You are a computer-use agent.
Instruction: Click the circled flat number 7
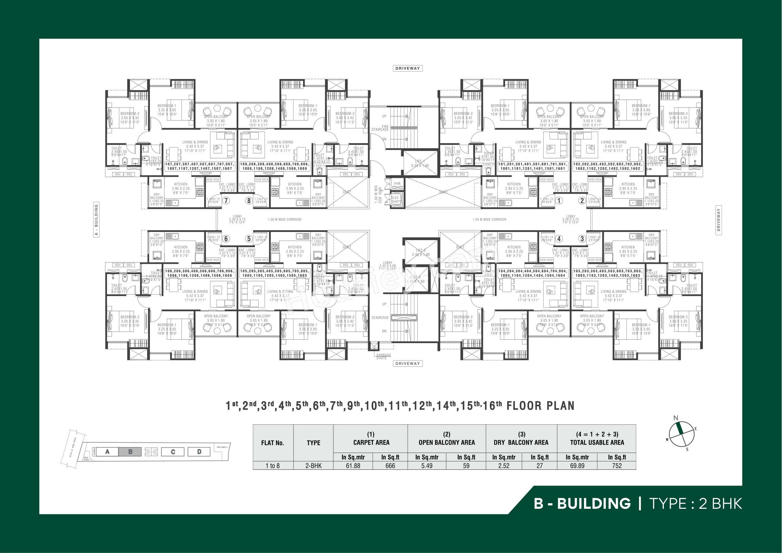(226, 201)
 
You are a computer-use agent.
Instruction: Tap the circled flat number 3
(582, 239)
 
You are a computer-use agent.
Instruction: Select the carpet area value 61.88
(353, 466)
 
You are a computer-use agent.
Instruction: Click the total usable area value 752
(617, 466)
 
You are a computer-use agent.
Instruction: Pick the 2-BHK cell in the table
(313, 466)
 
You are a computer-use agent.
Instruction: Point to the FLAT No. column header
(273, 443)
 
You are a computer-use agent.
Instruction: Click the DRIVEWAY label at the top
(407, 68)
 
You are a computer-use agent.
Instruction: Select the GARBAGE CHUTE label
(383, 356)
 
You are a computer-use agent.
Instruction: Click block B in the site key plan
(130, 452)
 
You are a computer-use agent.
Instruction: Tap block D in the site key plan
(199, 452)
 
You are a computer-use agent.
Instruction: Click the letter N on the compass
(676, 418)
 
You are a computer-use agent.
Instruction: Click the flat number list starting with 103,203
(607, 273)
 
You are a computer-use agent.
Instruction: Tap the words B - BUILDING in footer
(582, 503)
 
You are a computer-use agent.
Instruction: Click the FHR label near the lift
(397, 184)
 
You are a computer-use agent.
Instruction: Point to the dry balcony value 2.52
(504, 466)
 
